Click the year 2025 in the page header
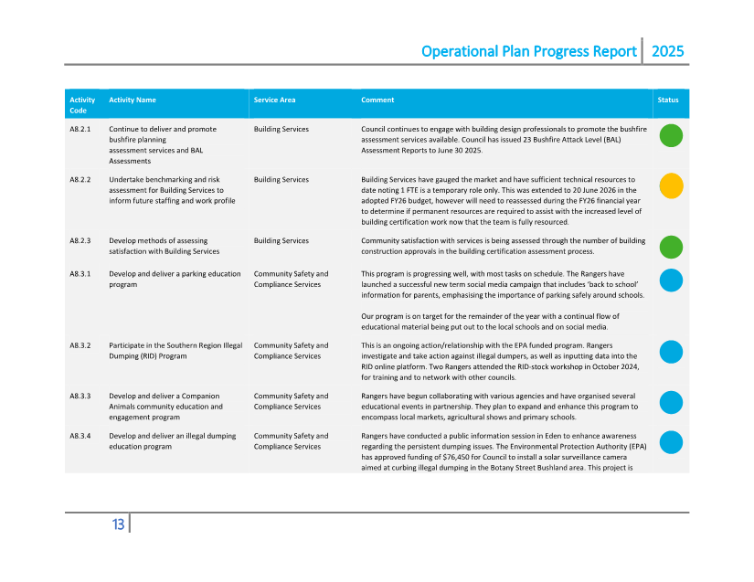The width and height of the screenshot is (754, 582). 667,51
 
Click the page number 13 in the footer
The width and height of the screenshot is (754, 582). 118,524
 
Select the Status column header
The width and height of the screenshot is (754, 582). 668,100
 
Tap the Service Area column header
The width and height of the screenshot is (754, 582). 274,100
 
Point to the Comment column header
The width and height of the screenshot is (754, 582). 377,100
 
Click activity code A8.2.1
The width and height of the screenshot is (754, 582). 80,130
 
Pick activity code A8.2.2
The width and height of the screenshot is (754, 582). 80,180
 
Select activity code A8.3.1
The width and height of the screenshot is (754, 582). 80,273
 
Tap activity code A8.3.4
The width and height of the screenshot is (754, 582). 80,436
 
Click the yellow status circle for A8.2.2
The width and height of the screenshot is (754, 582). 671,185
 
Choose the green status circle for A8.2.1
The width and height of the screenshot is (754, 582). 671,135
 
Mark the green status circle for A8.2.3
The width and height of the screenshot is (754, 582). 671,247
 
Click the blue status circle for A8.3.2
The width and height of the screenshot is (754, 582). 671,352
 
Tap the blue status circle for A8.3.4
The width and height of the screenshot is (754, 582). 671,442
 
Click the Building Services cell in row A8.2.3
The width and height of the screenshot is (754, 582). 281,241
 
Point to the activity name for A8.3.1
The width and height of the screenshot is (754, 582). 174,279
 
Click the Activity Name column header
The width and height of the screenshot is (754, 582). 133,100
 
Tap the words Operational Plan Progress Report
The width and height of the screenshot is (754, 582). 528,51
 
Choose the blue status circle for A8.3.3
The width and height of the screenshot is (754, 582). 671,402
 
